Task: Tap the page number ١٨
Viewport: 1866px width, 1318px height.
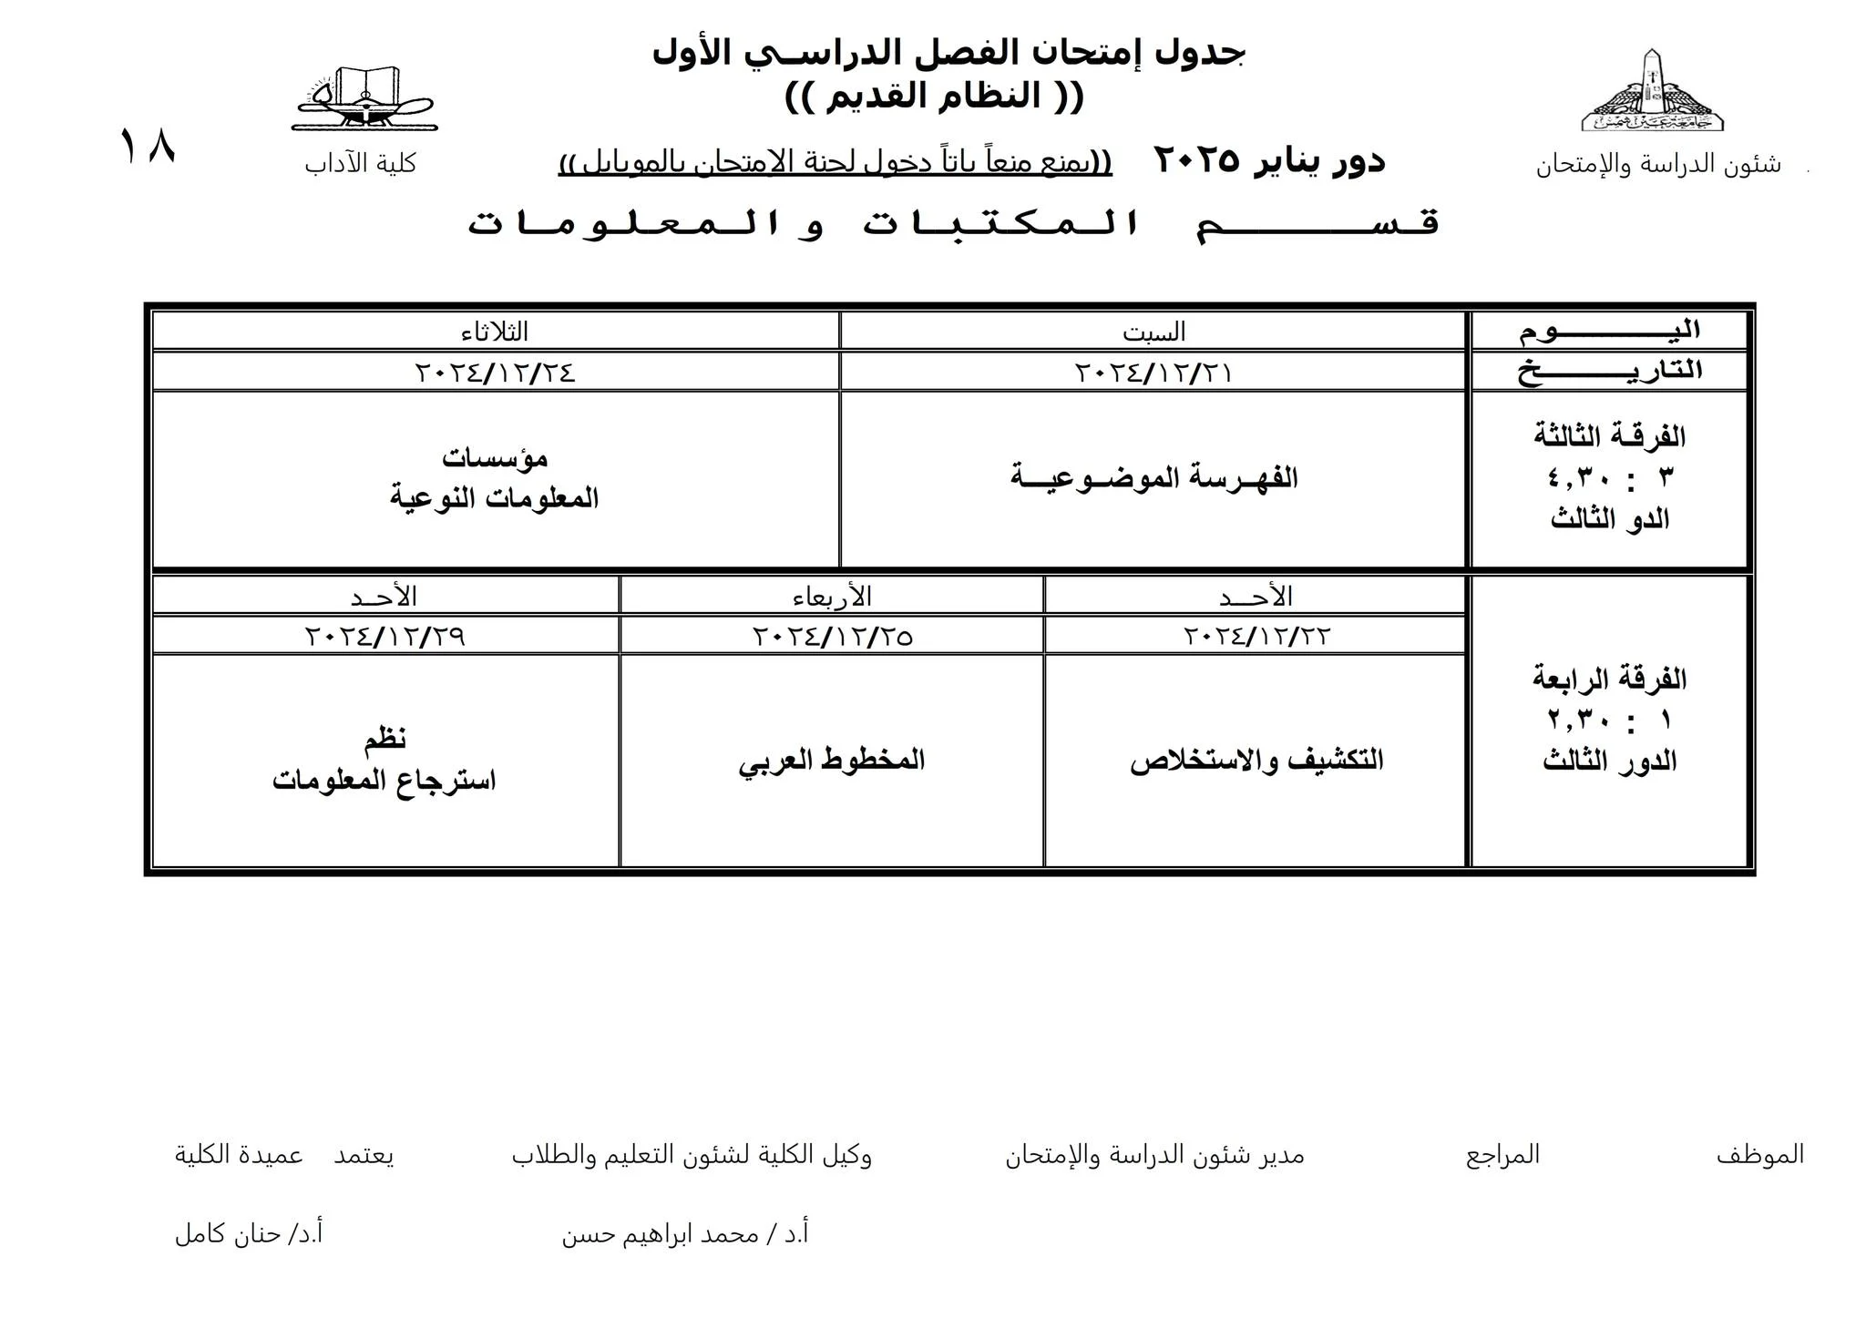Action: point(147,147)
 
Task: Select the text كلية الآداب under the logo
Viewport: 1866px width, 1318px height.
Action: point(360,164)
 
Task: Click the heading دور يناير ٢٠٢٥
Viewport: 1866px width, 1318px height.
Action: point(1268,160)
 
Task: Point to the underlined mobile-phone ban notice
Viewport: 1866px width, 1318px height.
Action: point(835,163)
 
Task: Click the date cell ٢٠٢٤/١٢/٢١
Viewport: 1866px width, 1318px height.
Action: point(1153,373)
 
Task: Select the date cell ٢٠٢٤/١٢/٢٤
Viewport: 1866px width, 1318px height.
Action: point(495,373)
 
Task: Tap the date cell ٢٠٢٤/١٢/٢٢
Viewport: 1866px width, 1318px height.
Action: point(1256,636)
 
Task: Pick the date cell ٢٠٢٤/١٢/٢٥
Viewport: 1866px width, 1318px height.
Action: point(832,636)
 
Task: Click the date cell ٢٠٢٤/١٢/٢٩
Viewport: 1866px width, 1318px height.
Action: point(384,636)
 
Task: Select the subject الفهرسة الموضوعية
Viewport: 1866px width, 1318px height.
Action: point(1153,477)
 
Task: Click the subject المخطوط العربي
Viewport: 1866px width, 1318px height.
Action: point(832,760)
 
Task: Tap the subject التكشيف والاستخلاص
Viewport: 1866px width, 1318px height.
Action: point(1256,761)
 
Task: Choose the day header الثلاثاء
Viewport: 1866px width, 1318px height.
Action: point(495,332)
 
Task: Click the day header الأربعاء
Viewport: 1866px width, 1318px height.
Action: point(832,597)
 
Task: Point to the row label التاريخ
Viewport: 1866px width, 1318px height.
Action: point(1609,371)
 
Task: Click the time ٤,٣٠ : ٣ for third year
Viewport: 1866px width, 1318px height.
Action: point(1609,477)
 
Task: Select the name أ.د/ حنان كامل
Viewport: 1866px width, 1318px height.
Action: point(249,1234)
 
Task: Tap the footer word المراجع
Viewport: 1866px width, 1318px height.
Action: point(1502,1155)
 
